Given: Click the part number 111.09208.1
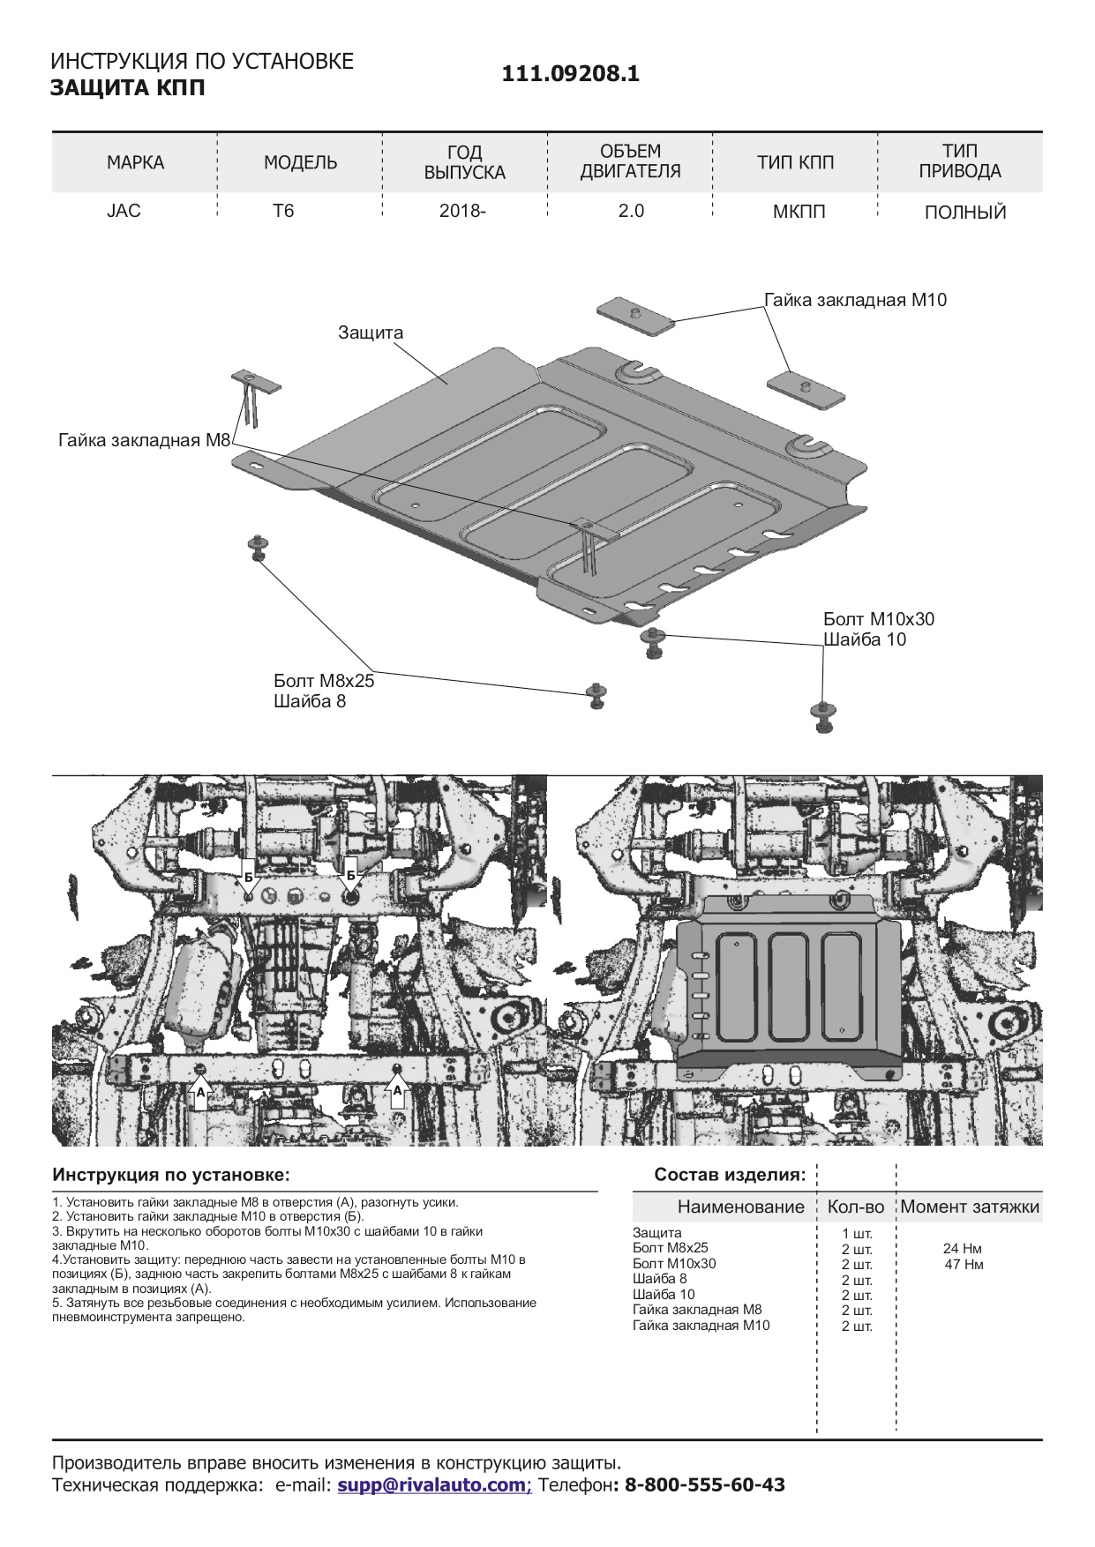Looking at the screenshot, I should pos(570,74).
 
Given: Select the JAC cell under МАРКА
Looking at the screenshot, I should pos(124,211).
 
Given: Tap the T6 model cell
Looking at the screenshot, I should pos(283,211).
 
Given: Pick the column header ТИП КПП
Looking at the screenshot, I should pos(795,162).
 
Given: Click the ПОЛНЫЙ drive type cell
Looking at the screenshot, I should pos(965,213).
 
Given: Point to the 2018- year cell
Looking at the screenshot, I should pos(462,211).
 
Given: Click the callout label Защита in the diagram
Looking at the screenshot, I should pos(371,333).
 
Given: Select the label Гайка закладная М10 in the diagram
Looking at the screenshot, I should pos(855,300).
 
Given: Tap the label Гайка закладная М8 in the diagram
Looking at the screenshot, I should pos(144,440).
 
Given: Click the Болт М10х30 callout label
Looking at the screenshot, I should pos(879,619).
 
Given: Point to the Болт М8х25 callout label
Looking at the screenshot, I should pos(324,681).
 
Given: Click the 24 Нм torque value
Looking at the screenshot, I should pos(963,1248).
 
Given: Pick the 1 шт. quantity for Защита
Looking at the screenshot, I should pos(857,1233).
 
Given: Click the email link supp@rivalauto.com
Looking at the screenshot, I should pos(432,1484).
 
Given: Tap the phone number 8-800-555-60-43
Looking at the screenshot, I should pos(704,1484).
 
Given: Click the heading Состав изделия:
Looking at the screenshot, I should pos(730,1175).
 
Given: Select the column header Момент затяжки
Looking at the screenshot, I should pos(970,1207).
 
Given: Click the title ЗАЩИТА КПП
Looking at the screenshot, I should pos(127,88).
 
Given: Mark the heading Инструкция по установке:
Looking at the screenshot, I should pos(171,1175).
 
